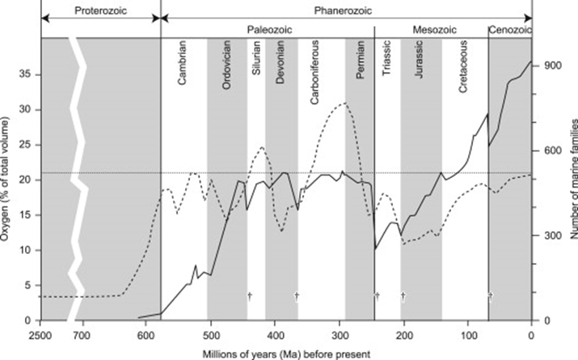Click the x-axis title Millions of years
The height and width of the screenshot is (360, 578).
(285, 354)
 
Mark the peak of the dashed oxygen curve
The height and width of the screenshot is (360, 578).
(345, 103)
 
